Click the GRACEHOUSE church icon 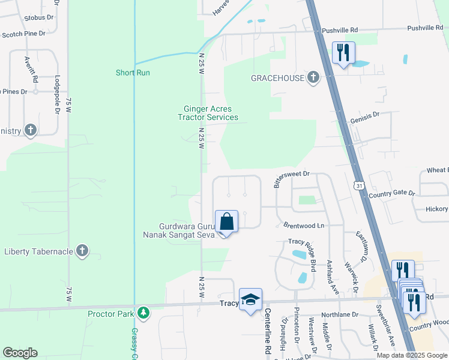point(313,78)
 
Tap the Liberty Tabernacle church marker point(82,251)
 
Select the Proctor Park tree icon point(143,313)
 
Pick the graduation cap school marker point(250,299)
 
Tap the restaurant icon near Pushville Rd point(343,52)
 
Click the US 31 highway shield point(358,186)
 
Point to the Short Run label point(133,73)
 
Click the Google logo point(20,353)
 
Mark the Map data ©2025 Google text point(412,355)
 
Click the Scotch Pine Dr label point(24,34)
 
